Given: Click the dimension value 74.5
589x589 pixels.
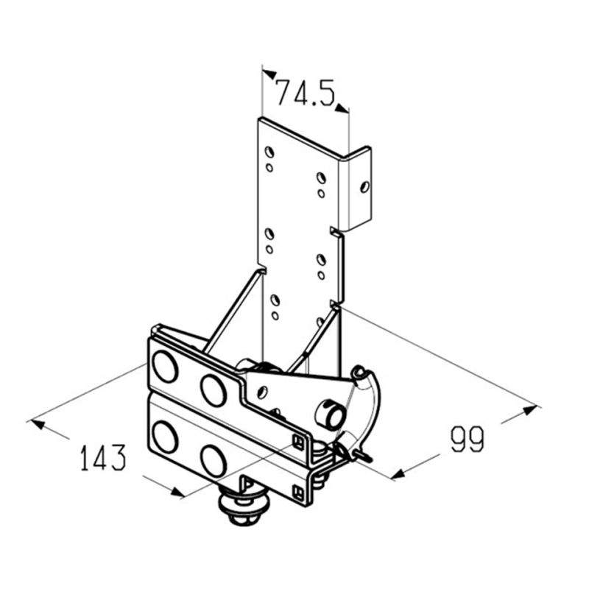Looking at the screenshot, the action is pyautogui.click(x=305, y=93).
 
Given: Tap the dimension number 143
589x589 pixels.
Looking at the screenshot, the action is pyautogui.click(x=103, y=457).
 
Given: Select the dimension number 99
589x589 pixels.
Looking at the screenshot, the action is pyautogui.click(x=468, y=439).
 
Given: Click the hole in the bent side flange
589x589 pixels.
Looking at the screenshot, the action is pyautogui.click(x=364, y=187).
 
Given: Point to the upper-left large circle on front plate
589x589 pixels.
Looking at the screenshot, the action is pyautogui.click(x=165, y=366).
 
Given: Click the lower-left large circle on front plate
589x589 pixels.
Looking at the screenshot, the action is pyautogui.click(x=165, y=437).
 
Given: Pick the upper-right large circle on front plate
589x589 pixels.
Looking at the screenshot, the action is pyautogui.click(x=214, y=390).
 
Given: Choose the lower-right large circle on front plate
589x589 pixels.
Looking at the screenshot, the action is pyautogui.click(x=214, y=461).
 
